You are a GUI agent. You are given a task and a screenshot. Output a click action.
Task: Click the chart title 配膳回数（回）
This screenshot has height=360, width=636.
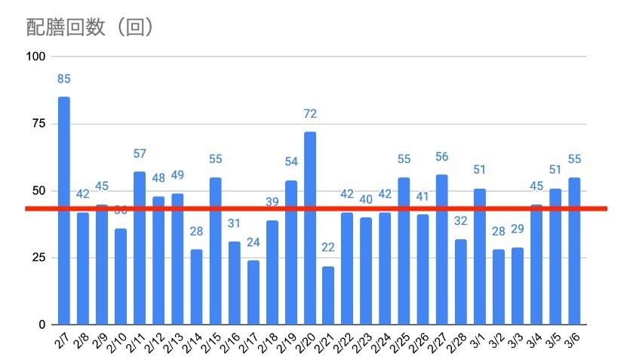[91, 27]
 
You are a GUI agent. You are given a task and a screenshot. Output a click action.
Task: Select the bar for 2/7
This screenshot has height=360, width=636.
[64, 211]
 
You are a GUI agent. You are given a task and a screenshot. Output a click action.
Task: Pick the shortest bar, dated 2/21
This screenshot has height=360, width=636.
[329, 295]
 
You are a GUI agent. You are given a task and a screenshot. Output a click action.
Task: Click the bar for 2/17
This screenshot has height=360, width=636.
[253, 292]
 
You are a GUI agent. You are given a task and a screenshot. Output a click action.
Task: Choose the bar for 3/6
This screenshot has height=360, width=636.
[575, 251]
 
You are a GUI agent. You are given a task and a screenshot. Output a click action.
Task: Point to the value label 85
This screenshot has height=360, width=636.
[64, 78]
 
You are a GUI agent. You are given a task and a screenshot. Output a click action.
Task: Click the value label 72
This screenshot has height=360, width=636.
[310, 114]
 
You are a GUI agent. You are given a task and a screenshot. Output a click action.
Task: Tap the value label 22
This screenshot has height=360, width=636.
[329, 248]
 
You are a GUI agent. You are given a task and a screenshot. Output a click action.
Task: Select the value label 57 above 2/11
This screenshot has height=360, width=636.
[140, 154]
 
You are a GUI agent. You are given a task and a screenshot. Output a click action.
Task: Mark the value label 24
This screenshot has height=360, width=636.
[253, 242]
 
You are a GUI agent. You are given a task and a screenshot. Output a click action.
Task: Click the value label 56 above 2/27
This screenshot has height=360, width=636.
[442, 157]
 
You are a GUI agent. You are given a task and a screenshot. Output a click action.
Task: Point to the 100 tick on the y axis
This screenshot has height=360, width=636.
[36, 57]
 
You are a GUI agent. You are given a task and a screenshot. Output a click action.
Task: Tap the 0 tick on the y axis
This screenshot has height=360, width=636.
[43, 325]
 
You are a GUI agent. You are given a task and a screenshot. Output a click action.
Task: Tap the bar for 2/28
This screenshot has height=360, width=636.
[461, 282]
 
